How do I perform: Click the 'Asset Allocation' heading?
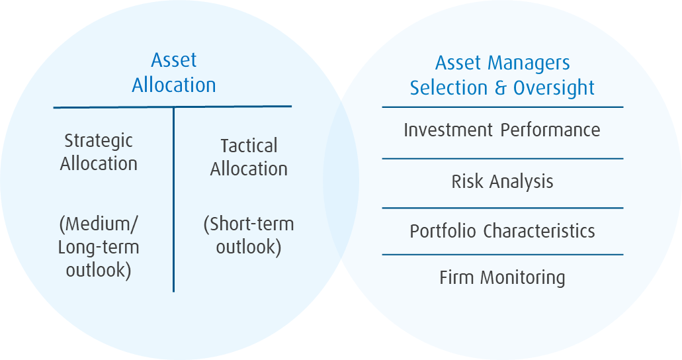174,73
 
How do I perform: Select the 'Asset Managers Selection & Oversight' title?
502,75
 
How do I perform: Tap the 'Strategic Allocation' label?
99,152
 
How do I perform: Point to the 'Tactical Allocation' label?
249,157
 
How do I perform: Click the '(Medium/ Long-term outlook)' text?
99,247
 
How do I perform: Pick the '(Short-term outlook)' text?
249,236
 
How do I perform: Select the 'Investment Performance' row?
502,130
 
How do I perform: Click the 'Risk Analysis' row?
502,181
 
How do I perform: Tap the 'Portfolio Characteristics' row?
502,231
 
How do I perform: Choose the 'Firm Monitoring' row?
502,277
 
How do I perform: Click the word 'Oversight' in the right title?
554,88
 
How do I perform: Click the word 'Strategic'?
99,140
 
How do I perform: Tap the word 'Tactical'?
249,146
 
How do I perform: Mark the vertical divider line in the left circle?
174,199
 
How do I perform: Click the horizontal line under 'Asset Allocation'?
172,107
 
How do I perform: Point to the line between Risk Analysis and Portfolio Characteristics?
502,208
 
